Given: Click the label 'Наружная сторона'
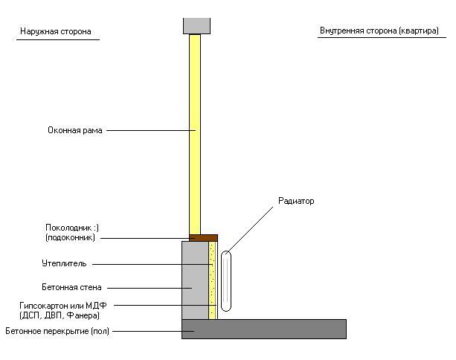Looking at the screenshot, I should (55, 32).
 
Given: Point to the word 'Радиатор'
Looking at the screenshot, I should (296, 201).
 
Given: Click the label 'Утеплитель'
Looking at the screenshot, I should (64, 263).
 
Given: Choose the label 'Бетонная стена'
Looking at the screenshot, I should (71, 287).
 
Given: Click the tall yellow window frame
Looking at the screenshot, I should (195, 134).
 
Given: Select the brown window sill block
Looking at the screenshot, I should (203, 238).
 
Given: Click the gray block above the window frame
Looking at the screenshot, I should (196, 25).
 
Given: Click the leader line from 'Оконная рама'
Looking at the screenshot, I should (149, 131).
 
